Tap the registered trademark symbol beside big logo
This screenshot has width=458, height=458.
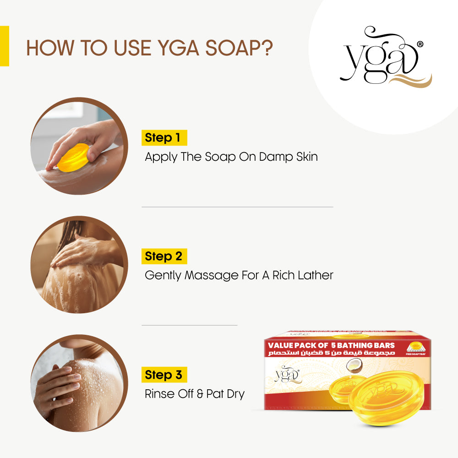click(420, 44)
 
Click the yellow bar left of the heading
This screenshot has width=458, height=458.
click(4, 46)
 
